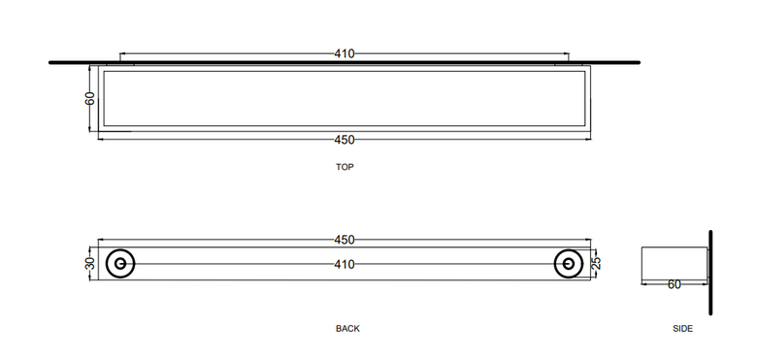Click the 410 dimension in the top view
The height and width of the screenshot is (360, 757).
[x=345, y=53]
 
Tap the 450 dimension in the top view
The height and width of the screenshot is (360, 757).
[x=345, y=140]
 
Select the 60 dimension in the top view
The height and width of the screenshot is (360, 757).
[x=90, y=98]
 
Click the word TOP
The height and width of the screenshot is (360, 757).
[x=345, y=167]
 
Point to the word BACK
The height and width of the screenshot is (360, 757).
[x=347, y=329]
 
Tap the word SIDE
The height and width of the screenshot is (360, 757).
[x=682, y=329]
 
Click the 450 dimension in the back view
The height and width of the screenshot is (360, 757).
[x=345, y=240]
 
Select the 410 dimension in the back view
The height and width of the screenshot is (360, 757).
[x=345, y=265]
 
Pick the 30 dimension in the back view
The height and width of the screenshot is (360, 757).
[x=90, y=264]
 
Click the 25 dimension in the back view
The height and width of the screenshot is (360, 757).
[x=596, y=263]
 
